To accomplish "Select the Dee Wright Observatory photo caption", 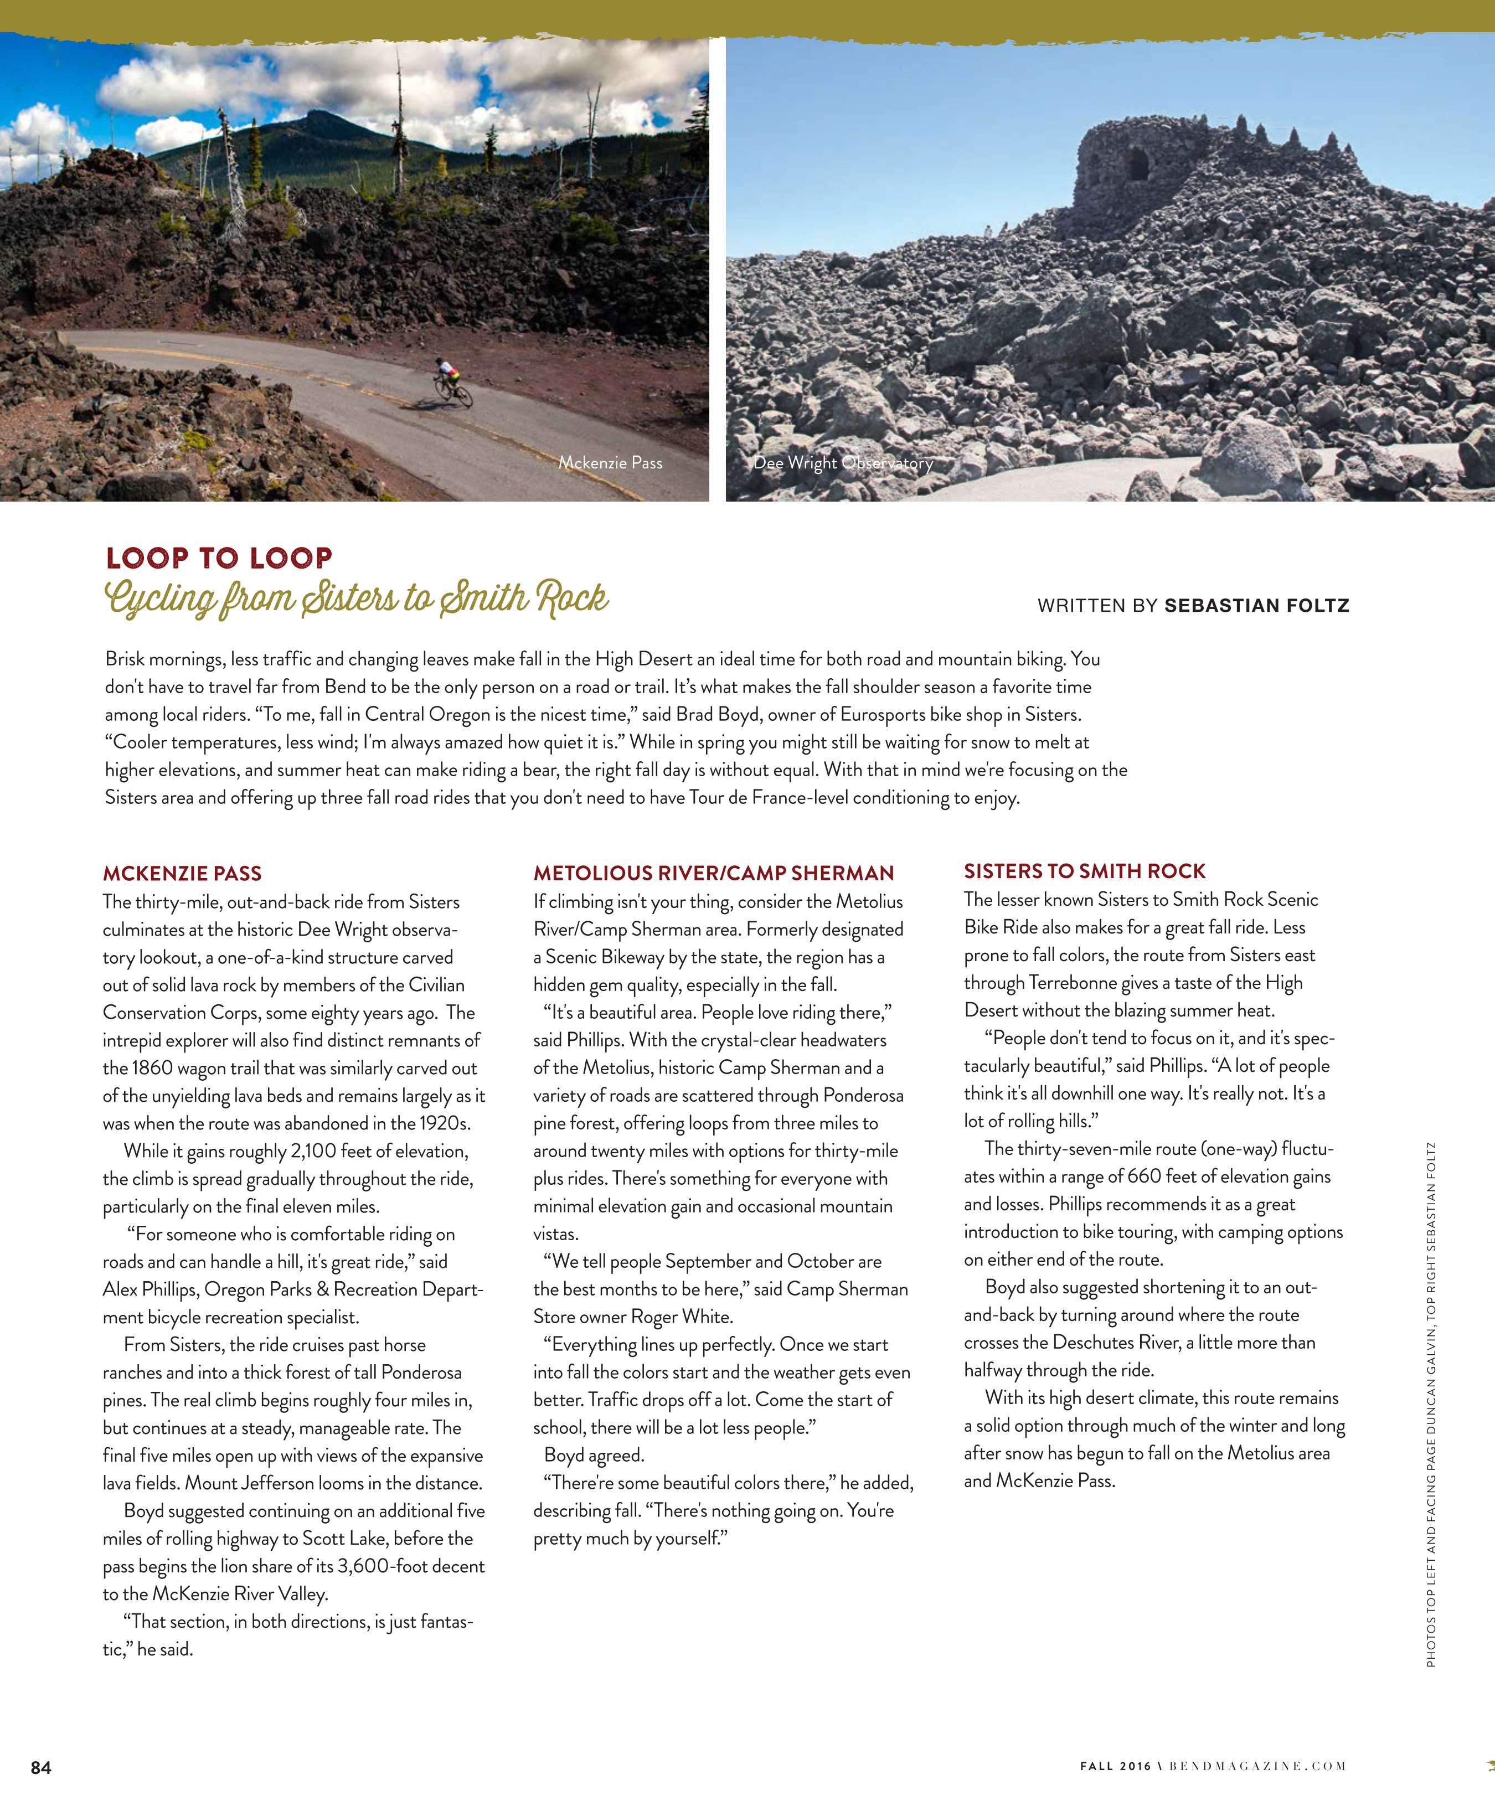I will [843, 463].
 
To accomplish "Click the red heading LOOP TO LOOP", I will [219, 558].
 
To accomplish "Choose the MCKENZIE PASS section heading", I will [182, 874].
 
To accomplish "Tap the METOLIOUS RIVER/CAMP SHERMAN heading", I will [713, 873].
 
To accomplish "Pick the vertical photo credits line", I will [1430, 1402].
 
